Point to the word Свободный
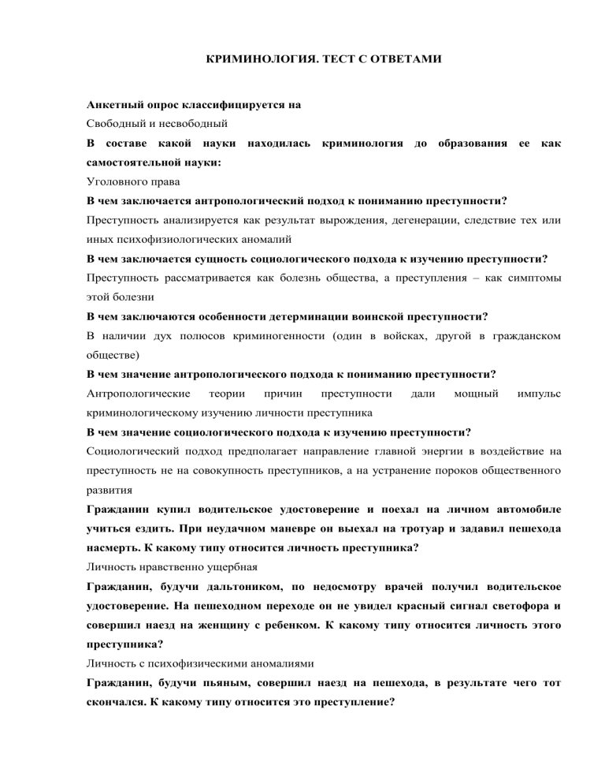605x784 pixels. tap(120, 125)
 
